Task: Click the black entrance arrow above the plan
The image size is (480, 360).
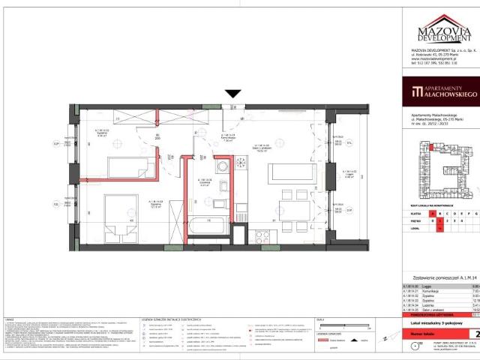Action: click(x=233, y=94)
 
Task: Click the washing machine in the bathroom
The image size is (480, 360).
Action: click(x=223, y=167)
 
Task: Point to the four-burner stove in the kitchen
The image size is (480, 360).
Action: click(x=263, y=236)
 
